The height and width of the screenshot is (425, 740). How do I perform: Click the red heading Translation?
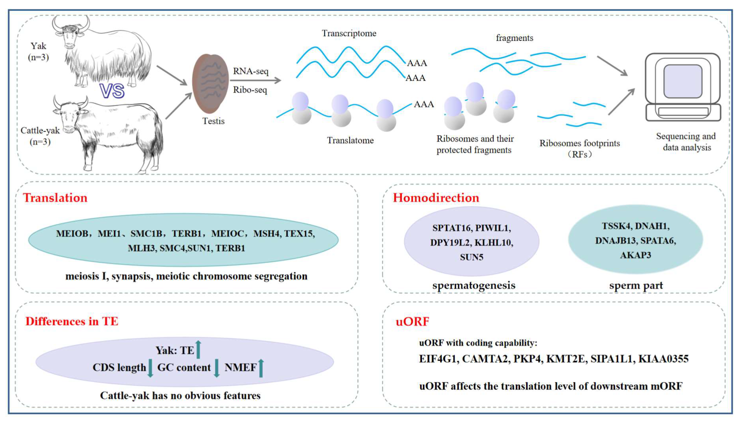click(x=55, y=198)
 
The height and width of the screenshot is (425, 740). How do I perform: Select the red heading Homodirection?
click(x=436, y=198)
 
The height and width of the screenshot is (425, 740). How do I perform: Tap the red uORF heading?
click(x=412, y=322)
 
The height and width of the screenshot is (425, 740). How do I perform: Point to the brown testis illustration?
click(x=210, y=84)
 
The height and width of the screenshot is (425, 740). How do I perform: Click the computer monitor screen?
click(x=682, y=82)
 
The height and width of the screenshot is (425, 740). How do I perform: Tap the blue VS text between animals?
click(x=112, y=91)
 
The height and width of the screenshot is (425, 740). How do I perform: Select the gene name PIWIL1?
click(x=493, y=228)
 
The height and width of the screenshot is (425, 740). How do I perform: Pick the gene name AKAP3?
click(x=635, y=255)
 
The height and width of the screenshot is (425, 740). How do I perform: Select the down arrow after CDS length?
click(x=150, y=368)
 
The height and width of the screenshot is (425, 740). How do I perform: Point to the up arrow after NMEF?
click(x=261, y=368)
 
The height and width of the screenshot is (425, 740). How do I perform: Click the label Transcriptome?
click(x=349, y=33)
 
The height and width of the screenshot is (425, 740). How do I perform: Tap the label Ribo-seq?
click(x=250, y=90)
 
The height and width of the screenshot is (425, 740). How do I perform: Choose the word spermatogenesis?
click(x=473, y=285)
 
